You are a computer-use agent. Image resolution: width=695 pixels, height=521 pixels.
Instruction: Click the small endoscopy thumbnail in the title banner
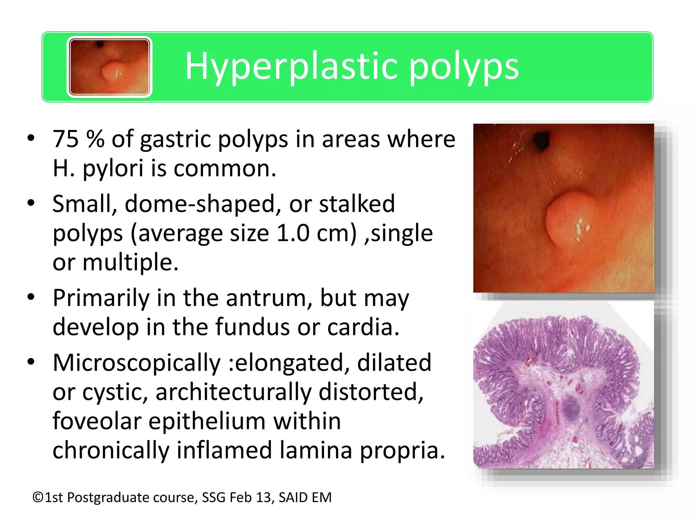(109, 67)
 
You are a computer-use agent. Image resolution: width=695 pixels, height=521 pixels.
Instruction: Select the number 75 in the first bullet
(65, 139)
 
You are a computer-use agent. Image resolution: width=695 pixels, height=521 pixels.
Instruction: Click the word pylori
(113, 168)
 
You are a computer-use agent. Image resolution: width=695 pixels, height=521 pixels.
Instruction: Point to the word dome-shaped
(203, 204)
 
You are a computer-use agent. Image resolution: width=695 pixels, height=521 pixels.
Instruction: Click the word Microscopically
(137, 363)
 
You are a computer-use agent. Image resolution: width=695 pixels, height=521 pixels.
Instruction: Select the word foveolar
(97, 421)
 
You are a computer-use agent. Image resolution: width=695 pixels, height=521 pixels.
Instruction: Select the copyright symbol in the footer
(38, 498)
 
